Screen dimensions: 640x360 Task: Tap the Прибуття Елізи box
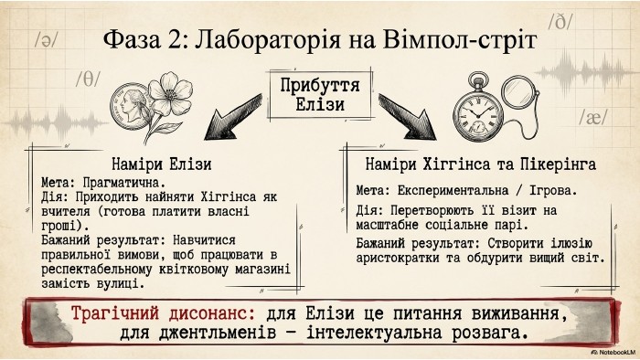coord(320,95)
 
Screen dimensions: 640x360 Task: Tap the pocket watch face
coord(478,111)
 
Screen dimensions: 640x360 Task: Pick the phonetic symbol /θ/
coord(88,79)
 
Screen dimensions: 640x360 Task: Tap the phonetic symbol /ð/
coord(560,21)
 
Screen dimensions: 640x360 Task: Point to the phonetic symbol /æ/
coord(593,118)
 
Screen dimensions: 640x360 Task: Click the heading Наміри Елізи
coord(162,164)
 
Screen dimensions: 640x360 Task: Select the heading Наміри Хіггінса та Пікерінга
coord(480,164)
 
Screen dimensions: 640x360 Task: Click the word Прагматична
coord(124,183)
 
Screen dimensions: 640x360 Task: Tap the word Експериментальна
coord(453,190)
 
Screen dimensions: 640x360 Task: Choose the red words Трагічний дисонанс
coord(164,313)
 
